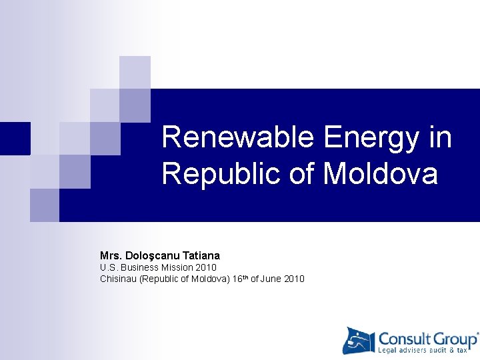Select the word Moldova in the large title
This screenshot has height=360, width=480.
pyautogui.click(x=381, y=174)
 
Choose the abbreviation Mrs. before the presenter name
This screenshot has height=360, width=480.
pyautogui.click(x=111, y=255)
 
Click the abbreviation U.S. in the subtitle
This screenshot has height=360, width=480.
pyautogui.click(x=108, y=267)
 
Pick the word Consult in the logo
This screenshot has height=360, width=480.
pyautogui.click(x=403, y=338)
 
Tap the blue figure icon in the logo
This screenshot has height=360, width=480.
pyautogui.click(x=359, y=341)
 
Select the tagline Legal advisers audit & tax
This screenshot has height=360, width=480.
pyautogui.click(x=427, y=350)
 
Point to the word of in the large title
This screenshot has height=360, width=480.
pyautogui.click(x=303, y=174)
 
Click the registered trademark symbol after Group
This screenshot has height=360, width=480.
pyautogui.click(x=477, y=333)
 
